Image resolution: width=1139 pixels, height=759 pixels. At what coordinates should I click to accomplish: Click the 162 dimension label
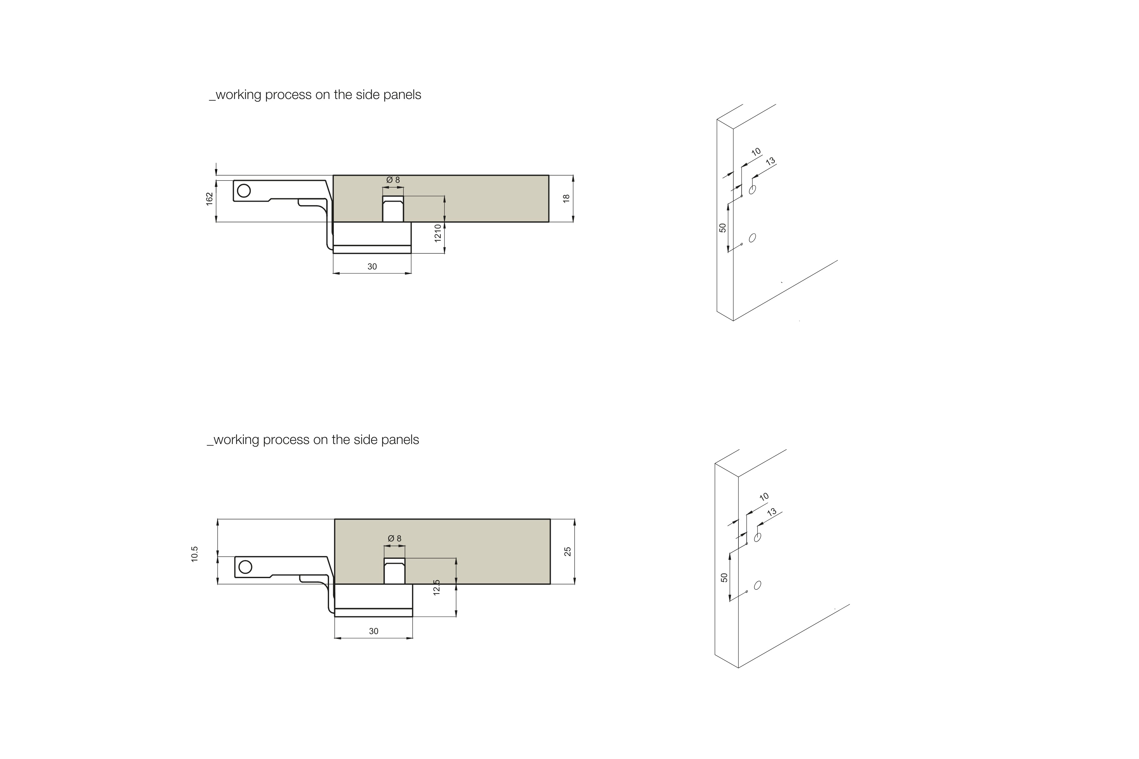coord(209,199)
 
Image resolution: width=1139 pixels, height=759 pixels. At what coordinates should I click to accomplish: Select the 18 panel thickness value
coord(566,199)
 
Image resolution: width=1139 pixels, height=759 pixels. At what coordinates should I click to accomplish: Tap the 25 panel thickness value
coord(568,551)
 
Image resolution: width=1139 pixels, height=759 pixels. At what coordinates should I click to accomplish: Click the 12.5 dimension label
coord(437,587)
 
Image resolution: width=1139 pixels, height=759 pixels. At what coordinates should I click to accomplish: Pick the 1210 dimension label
coord(438,233)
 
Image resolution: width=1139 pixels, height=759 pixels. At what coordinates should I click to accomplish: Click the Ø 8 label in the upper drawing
coord(393,180)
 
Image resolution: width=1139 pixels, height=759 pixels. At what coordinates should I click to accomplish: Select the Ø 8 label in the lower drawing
coord(395,538)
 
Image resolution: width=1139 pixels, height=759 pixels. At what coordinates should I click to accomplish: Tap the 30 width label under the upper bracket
coord(372,267)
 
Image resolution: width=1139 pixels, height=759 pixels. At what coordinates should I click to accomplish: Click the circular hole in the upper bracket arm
coord(244,191)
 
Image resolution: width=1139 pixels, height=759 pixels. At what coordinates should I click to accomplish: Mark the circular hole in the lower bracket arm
coord(246,567)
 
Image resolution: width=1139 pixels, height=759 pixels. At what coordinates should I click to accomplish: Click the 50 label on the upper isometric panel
coord(723,227)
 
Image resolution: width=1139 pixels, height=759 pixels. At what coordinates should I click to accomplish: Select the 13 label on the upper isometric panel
coord(770,161)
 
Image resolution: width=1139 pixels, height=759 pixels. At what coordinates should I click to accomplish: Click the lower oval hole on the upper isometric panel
coord(753,238)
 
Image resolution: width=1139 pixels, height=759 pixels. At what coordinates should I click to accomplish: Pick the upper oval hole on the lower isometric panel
coord(758,537)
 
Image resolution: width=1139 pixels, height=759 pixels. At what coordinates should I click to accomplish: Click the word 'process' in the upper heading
coord(288,95)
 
